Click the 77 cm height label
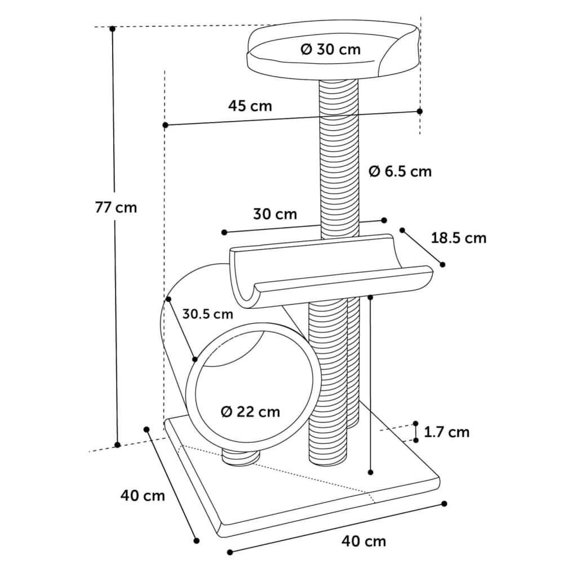tap(116, 207)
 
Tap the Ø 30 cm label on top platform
tap(331, 50)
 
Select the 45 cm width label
tap(250, 105)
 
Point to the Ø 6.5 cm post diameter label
tap(401, 171)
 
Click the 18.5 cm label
tap(459, 238)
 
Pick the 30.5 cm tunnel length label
tap(207, 314)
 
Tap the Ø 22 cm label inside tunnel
tap(250, 412)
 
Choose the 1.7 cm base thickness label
tap(446, 432)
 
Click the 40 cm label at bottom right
tap(364, 542)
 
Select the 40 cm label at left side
tap(143, 496)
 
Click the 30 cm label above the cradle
tap(275, 214)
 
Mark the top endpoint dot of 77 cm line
tap(113, 28)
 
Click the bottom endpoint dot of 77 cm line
tap(117, 445)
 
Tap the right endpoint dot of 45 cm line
tap(420, 111)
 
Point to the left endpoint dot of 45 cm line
tap(165, 125)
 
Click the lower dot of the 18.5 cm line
tap(443, 264)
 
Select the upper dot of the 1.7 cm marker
tap(415, 423)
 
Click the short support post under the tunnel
tap(241, 456)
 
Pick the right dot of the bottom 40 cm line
tap(445, 503)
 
